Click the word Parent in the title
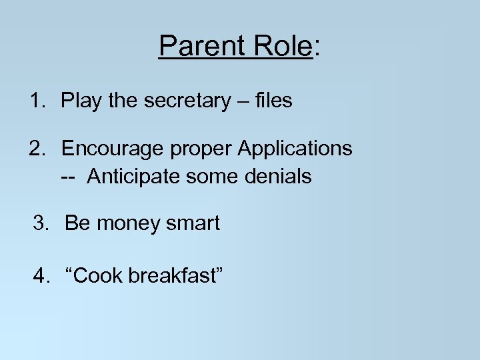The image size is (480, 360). tap(199, 47)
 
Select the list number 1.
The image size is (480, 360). tap(37, 101)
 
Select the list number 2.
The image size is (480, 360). tap(37, 148)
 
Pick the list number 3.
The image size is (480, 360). tap(41, 223)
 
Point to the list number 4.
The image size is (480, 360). tap(41, 275)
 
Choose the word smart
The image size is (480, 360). tap(193, 224)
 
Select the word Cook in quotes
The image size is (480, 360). tap(95, 275)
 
